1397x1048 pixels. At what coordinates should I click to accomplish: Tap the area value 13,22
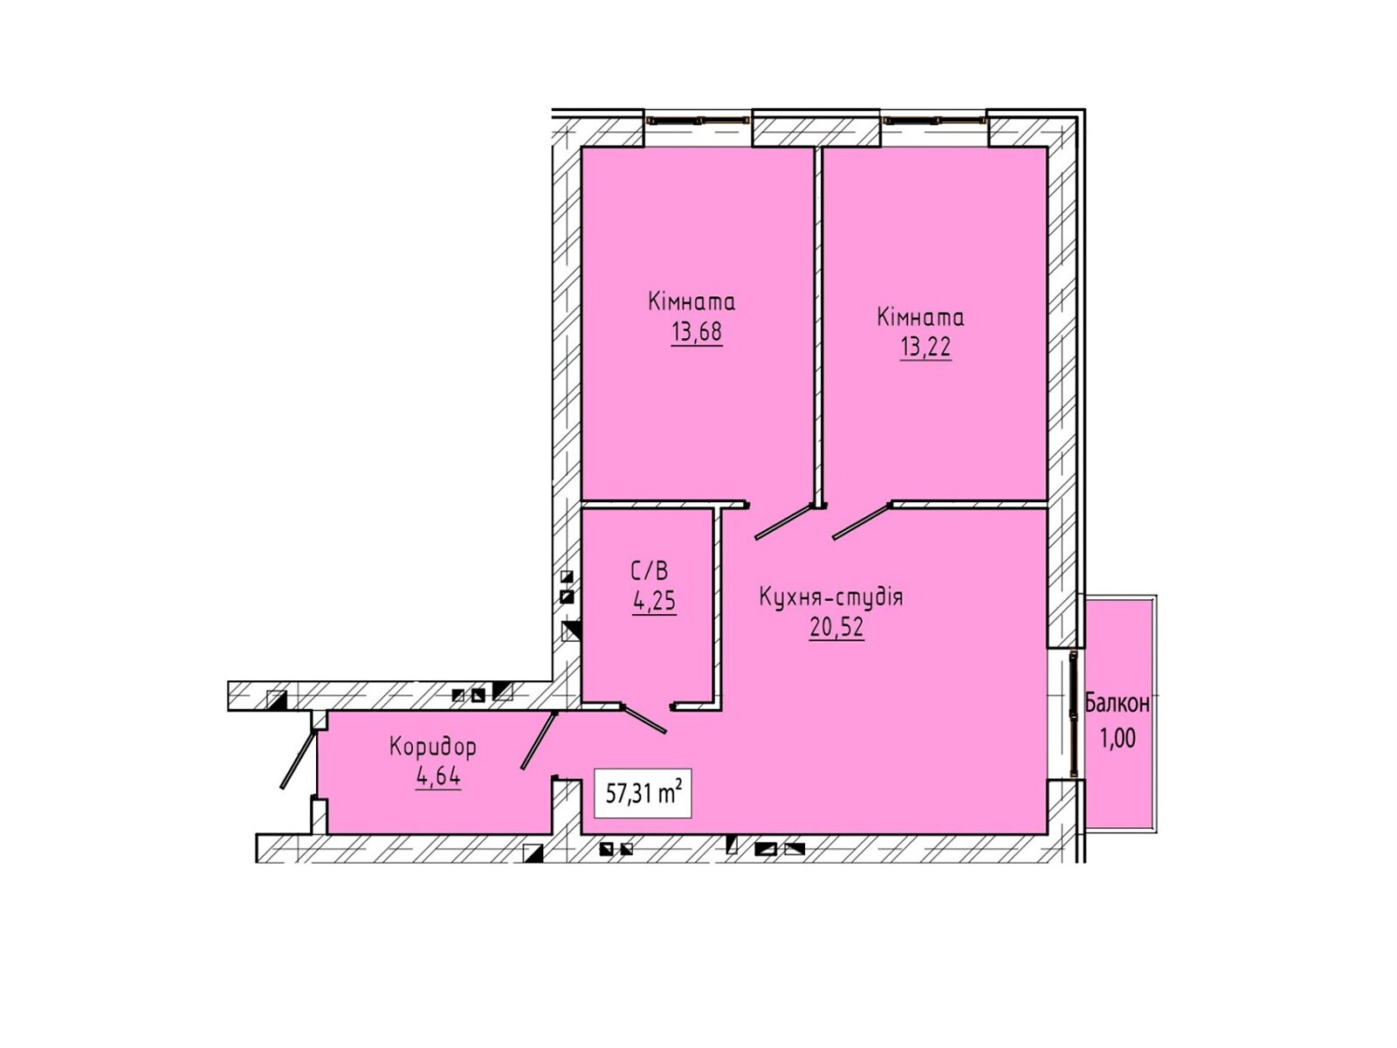click(x=925, y=348)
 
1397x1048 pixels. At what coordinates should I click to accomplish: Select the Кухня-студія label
click(x=830, y=597)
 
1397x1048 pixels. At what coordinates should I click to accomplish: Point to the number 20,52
click(x=836, y=627)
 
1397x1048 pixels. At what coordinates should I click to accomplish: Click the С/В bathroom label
click(x=650, y=571)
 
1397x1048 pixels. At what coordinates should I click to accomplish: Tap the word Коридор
click(x=432, y=747)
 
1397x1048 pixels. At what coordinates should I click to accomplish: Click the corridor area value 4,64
click(x=438, y=776)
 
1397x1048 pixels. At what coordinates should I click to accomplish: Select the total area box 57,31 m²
click(x=643, y=793)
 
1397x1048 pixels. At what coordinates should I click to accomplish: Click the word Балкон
click(x=1118, y=703)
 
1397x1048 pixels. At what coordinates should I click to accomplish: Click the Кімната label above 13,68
click(x=692, y=301)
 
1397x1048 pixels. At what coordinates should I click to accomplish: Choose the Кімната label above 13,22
click(x=920, y=317)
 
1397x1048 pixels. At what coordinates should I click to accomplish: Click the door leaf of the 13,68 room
click(x=784, y=521)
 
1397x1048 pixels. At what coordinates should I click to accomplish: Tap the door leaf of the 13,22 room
click(x=863, y=521)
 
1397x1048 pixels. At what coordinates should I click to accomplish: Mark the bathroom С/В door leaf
click(x=644, y=719)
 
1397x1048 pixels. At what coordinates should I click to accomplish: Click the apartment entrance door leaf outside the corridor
click(x=299, y=761)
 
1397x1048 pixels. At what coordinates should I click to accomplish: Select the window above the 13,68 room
click(x=698, y=119)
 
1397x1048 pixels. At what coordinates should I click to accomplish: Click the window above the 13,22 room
click(x=934, y=119)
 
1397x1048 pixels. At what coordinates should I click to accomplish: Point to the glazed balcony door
click(x=1073, y=714)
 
